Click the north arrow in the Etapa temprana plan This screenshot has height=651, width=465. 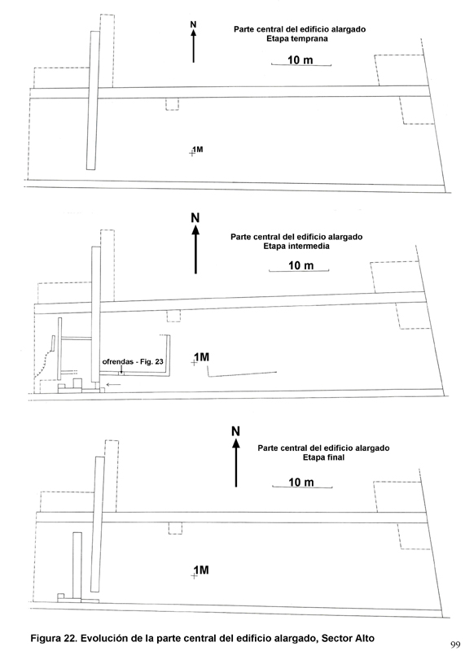pyautogui.click(x=193, y=46)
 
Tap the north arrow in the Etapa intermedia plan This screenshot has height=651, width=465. pyautogui.click(x=195, y=249)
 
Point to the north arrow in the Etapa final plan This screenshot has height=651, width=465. pyautogui.click(x=236, y=462)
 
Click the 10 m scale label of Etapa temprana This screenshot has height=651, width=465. pyautogui.click(x=300, y=60)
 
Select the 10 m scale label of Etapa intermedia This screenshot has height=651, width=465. pyautogui.click(x=300, y=265)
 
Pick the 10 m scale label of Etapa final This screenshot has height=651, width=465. pyautogui.click(x=301, y=482)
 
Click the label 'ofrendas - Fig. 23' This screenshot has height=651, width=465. pyautogui.click(x=133, y=361)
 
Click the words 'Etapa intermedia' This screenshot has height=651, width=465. pyautogui.click(x=296, y=247)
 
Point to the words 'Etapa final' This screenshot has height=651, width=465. pyautogui.click(x=324, y=457)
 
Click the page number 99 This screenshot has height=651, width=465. pyautogui.click(x=455, y=644)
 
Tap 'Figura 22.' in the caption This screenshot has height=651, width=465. pyautogui.click(x=54, y=639)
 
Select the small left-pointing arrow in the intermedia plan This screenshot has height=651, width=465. pyautogui.click(x=113, y=385)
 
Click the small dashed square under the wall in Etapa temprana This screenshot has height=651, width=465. pyautogui.click(x=172, y=104)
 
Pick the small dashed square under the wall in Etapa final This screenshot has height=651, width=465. pyautogui.click(x=175, y=528)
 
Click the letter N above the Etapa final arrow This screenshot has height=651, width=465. pyautogui.click(x=235, y=431)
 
